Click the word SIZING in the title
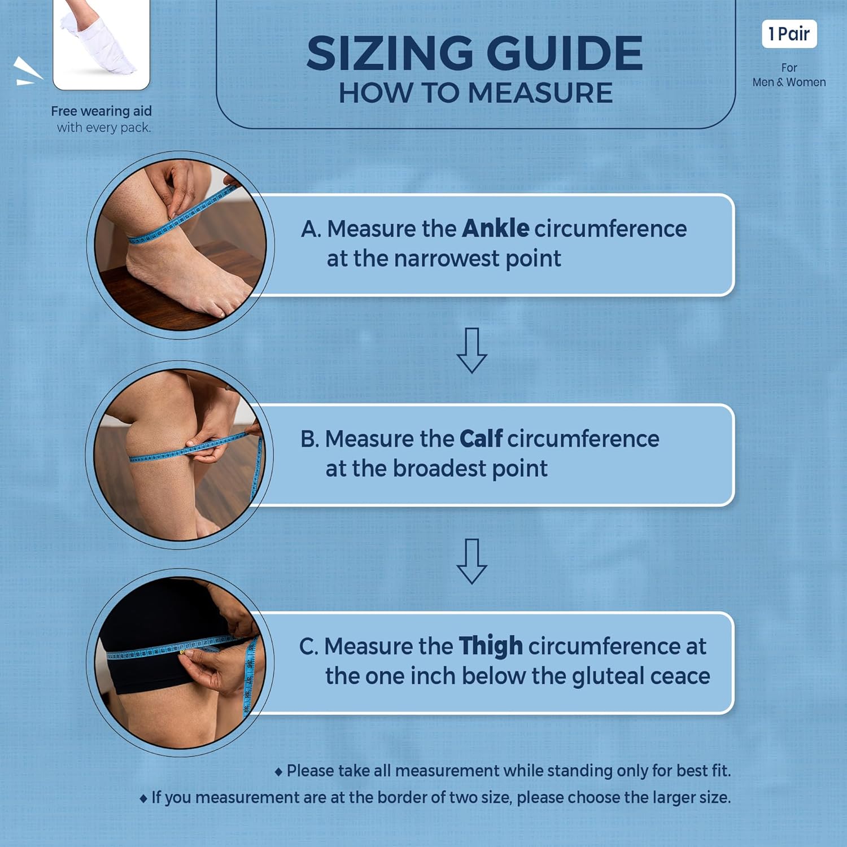pos(390,53)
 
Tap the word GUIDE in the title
pos(564,53)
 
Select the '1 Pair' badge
pos(789,34)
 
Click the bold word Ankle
pos(495,228)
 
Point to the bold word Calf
pos(481,438)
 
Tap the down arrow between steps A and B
pos(471,350)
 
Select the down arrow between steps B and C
pos(471,561)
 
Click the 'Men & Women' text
pos(789,82)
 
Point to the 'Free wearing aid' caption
pos(102,111)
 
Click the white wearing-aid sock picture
pos(102,44)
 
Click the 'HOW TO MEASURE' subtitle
pos(475,93)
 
